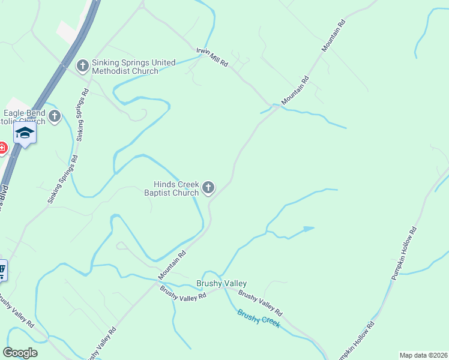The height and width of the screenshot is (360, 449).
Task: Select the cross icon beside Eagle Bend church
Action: [55, 116]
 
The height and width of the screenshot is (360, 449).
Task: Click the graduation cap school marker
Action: [25, 132]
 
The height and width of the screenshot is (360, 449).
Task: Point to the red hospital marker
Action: [2, 147]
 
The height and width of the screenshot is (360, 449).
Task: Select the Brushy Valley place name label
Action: [221, 283]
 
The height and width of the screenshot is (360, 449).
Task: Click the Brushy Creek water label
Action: [259, 317]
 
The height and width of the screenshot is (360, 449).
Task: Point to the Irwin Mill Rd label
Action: [212, 58]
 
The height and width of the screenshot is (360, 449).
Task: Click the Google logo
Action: [20, 353]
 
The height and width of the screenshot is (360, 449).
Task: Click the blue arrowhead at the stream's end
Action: [309, 229]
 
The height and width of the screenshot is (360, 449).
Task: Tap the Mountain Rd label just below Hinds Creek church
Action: [172, 265]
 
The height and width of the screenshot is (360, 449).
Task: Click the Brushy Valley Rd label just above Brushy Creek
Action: [260, 304]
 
